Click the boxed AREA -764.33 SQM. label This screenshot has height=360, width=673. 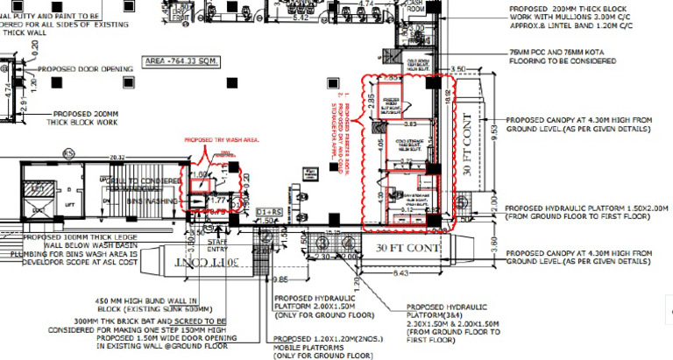pos(183,65)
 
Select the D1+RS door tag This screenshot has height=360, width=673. pos(267,213)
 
